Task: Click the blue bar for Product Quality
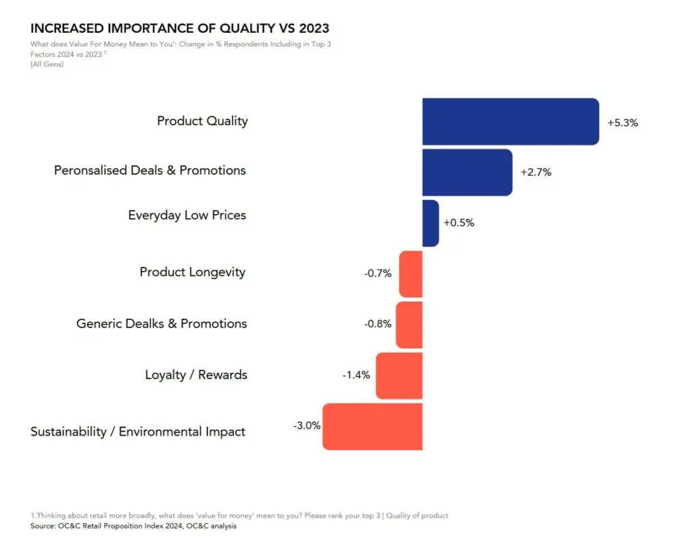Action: click(x=511, y=121)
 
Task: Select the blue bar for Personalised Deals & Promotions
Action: click(x=467, y=172)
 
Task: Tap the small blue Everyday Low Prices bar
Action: click(x=430, y=223)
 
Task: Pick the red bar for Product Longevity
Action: click(x=411, y=274)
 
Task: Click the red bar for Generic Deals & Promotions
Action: click(x=409, y=324)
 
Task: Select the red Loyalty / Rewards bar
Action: click(x=399, y=375)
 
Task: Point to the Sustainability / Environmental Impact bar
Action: click(x=373, y=427)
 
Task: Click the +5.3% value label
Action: click(x=622, y=123)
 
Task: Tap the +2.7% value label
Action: click(x=535, y=172)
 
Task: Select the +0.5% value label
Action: click(x=459, y=223)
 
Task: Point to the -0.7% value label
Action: click(x=377, y=274)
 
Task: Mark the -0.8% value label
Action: click(x=377, y=324)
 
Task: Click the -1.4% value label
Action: click(x=355, y=375)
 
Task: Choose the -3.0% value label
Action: click(x=307, y=425)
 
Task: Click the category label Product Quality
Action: click(x=202, y=121)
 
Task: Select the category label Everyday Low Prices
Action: click(x=187, y=215)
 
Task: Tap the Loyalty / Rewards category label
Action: click(x=196, y=375)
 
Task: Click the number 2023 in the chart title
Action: click(x=308, y=29)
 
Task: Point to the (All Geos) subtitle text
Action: click(x=47, y=64)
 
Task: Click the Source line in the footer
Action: click(x=133, y=526)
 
